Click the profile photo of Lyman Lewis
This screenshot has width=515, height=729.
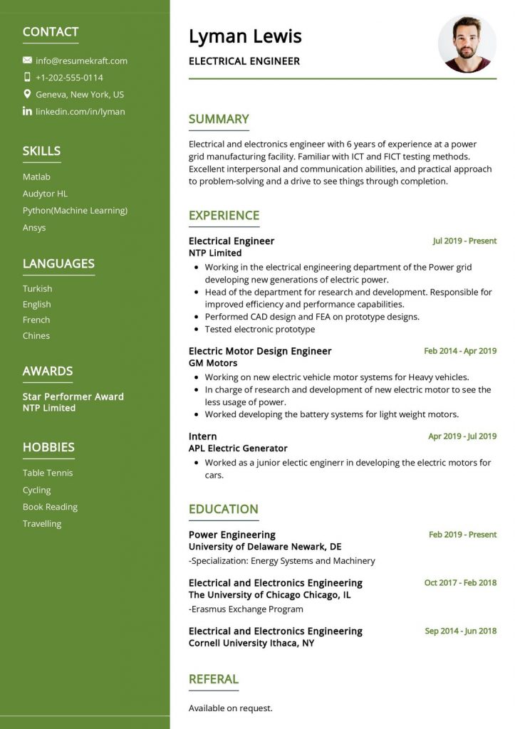coord(467,43)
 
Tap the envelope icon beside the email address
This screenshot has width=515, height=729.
coord(27,61)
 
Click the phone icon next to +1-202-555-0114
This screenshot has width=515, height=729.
coord(27,77)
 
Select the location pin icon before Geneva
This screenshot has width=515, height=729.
coord(27,94)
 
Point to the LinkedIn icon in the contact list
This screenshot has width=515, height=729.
coord(27,111)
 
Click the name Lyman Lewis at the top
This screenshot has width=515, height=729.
coord(245,36)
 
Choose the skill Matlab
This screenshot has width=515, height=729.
coord(36,177)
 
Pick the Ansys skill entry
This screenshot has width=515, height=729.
coord(34,228)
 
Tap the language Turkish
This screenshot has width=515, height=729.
coord(37,288)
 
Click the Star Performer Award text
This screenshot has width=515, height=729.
coord(73,397)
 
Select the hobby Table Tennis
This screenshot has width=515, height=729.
coord(48,473)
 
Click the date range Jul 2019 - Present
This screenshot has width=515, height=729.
coord(464,241)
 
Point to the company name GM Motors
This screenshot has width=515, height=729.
coord(213,363)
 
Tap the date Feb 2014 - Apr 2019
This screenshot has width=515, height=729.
coord(460,351)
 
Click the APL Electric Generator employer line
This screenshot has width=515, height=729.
coord(238,449)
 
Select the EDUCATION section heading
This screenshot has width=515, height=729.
coord(223,509)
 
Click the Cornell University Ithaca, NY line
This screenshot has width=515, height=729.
coord(251,643)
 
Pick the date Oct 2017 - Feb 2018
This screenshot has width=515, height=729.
coord(460,582)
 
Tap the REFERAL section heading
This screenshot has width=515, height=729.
coord(213,679)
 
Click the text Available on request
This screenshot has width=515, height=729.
coord(230,708)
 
